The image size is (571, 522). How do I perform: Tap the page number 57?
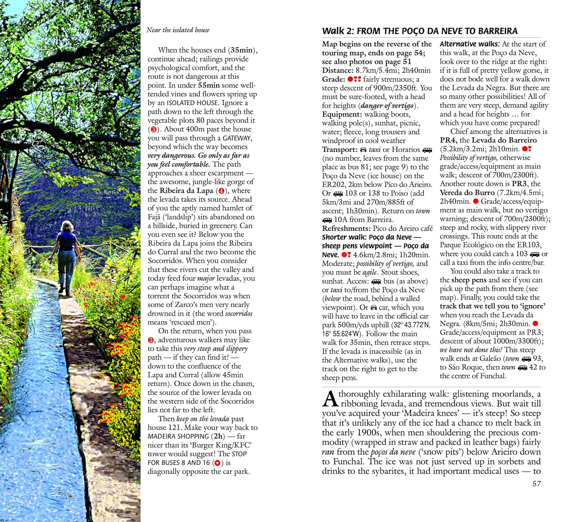click(536, 484)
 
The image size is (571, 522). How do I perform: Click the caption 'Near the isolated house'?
click(178, 30)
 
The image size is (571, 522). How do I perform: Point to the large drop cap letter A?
click(330, 398)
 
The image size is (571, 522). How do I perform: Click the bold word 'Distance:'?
click(338, 70)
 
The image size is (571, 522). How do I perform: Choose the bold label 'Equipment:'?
click(341, 114)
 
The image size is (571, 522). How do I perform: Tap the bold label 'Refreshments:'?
click(346, 228)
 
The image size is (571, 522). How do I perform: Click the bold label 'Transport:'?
click(340, 150)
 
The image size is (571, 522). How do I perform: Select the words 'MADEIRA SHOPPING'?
click(178, 436)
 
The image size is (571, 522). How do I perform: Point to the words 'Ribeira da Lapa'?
click(186, 191)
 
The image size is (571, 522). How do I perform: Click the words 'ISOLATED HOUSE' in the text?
click(193, 103)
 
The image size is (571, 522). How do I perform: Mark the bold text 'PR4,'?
click(448, 140)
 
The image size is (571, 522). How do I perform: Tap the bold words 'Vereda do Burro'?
click(467, 193)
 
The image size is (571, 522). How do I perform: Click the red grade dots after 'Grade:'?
click(354, 79)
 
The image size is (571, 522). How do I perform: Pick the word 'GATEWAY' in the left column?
click(237, 138)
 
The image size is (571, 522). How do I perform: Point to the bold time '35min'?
click(241, 50)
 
